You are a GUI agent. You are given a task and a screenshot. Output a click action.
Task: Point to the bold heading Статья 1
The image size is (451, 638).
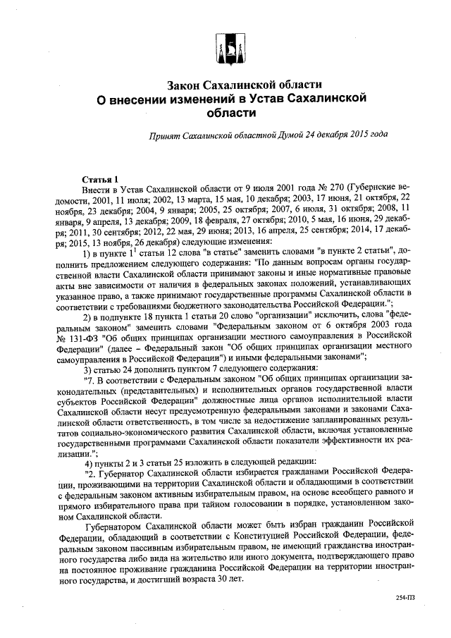100,180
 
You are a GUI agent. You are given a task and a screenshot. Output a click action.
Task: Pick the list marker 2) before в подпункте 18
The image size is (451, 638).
88,316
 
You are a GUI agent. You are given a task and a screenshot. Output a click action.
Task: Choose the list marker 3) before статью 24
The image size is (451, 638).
88,370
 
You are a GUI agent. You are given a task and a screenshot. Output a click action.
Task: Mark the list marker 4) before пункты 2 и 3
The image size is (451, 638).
88,462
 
